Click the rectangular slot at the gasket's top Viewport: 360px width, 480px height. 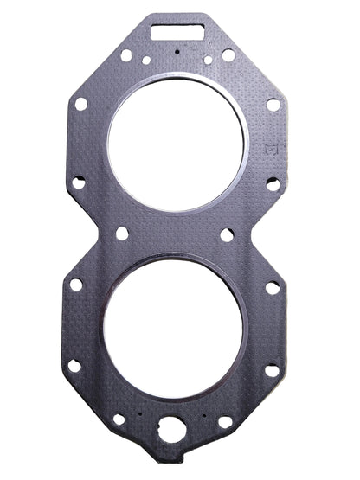(178, 33)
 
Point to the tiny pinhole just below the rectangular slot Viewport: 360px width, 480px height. (178, 52)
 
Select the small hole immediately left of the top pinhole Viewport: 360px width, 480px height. (146, 61)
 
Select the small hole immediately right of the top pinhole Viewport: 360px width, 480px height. (208, 60)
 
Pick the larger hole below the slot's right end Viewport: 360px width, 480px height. (228, 54)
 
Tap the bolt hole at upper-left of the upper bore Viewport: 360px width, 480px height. (80, 104)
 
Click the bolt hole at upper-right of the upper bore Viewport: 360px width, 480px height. (273, 104)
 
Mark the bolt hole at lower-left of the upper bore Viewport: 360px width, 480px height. (78, 182)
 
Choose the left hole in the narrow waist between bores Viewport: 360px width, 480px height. (122, 234)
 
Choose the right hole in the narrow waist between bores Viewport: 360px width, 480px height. (226, 234)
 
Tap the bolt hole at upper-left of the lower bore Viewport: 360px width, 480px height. (76, 284)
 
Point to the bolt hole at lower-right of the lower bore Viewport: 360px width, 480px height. (272, 369)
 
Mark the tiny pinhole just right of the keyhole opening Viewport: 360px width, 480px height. (202, 414)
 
